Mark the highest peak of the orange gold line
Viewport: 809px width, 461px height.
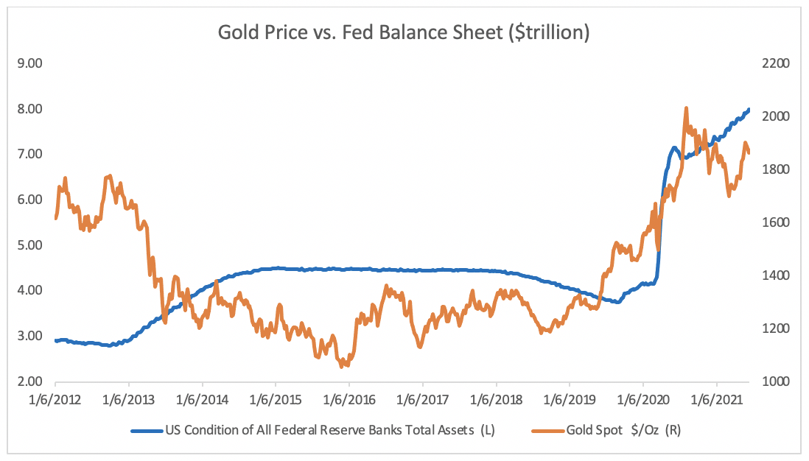[686, 108]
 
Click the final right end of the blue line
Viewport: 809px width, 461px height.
[749, 110]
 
